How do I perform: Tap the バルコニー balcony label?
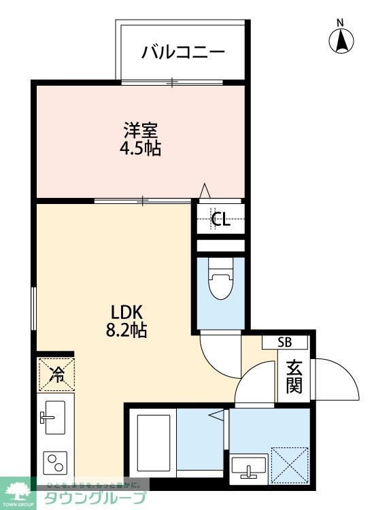tap(182, 52)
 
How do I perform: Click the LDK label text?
tap(126, 312)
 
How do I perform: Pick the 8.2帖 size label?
tap(126, 331)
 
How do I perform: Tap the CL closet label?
tap(220, 219)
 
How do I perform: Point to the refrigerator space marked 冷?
tap(56, 373)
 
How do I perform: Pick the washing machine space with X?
tap(290, 464)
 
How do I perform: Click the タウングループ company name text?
tap(95, 498)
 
